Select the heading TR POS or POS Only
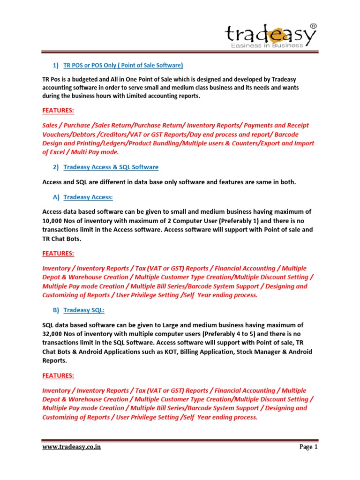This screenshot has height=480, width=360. [123, 65]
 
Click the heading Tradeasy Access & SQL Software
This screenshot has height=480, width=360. [111, 167]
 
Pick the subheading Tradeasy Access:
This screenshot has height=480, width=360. [88, 197]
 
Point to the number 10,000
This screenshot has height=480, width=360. [54, 221]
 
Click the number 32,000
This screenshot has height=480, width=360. [54, 334]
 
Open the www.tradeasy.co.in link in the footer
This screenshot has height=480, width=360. [72, 447]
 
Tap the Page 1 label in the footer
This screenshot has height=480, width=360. [308, 447]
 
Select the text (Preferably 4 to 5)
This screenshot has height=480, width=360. [238, 334]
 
